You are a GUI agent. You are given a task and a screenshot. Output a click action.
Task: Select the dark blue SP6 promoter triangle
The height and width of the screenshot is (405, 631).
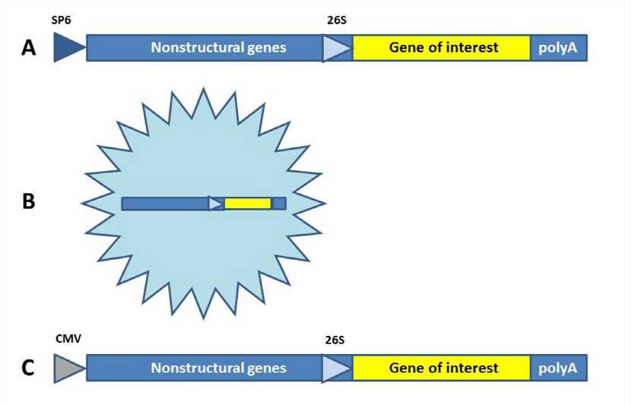pos(67,48)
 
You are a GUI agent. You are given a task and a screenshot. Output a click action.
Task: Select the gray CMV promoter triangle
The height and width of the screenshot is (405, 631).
pos(67,369)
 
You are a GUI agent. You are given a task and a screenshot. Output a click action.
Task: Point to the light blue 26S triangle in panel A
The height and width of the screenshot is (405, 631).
pos(335,48)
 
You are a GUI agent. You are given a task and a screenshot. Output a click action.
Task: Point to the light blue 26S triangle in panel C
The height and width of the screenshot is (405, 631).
pos(335,369)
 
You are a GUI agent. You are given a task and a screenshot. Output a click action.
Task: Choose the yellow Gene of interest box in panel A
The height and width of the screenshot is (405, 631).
pos(442,48)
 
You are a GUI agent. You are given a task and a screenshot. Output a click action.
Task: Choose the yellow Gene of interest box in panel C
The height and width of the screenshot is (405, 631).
pos(442,369)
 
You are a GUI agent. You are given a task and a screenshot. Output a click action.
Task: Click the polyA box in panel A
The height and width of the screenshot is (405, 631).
pos(558,48)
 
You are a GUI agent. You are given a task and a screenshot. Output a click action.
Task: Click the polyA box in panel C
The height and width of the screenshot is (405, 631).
pos(558,369)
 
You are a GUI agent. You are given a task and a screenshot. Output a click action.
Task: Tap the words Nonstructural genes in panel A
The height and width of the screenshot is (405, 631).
pos(218,48)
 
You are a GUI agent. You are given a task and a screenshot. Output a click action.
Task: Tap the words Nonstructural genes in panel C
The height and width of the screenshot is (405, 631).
pos(218,369)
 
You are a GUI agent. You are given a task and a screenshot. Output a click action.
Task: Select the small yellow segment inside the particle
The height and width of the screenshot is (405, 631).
pos(247,204)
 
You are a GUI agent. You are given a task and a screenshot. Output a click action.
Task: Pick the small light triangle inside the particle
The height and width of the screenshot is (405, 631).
pos(215,204)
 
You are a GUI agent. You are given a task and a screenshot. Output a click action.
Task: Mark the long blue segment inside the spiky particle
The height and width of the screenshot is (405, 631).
pos(164,204)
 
